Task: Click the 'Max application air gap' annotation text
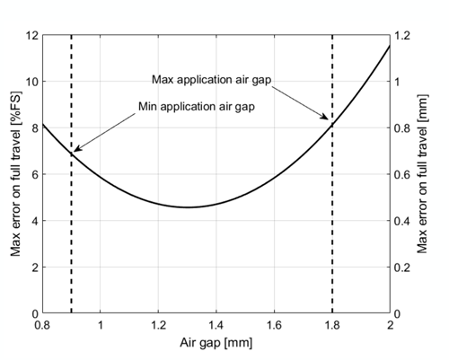[x=212, y=78]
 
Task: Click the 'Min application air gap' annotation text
[x=196, y=107]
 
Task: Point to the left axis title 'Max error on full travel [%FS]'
[x=16, y=174]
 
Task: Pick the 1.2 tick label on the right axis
[x=405, y=35]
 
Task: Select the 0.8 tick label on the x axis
[x=42, y=324]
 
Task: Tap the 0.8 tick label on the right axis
[x=405, y=127]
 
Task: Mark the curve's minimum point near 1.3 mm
[x=188, y=207]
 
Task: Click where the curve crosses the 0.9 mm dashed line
[x=71, y=154]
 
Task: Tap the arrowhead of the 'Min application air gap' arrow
[x=75, y=151]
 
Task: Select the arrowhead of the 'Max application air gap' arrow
[x=329, y=119]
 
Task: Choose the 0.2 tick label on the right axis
[x=405, y=268]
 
